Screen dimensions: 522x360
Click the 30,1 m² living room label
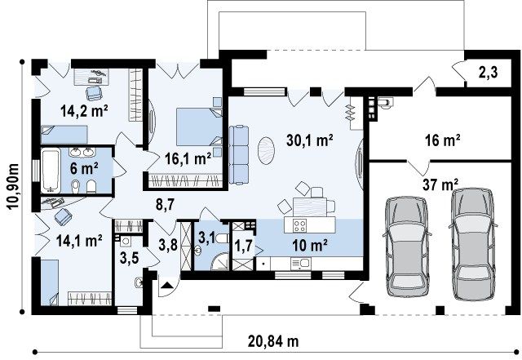click(310, 140)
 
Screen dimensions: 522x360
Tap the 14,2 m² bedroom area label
click(84, 111)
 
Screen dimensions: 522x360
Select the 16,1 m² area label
click(188, 158)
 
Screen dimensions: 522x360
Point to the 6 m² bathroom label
click(83, 169)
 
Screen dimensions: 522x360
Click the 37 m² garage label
click(440, 184)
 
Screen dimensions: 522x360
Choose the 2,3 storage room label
click(488, 72)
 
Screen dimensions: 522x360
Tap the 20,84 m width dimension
click(273, 341)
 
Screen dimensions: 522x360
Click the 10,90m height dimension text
click(14, 186)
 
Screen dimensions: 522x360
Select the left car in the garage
click(407, 247)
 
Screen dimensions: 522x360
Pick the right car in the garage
click(473, 244)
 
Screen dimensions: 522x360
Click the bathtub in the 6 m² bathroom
click(51, 171)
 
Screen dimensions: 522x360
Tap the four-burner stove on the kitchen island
click(299, 225)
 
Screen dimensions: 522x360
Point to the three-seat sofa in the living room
click(239, 154)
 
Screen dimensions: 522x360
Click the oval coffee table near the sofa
click(267, 151)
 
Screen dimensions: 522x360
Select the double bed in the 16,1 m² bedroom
click(199, 127)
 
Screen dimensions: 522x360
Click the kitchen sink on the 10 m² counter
click(300, 264)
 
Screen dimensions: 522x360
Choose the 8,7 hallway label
click(165, 204)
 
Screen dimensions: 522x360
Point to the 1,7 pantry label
click(244, 247)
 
